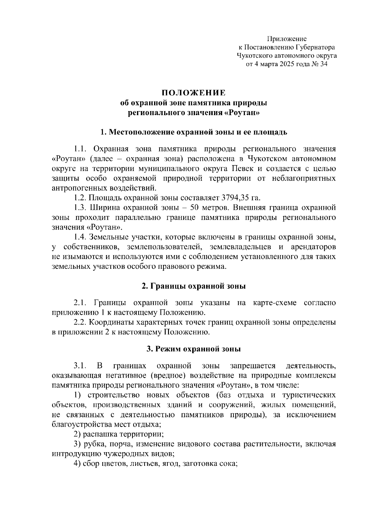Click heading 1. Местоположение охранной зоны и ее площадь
(193, 132)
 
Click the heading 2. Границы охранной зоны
(193, 286)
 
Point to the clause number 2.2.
(79, 322)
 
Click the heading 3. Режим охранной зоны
(193, 349)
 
